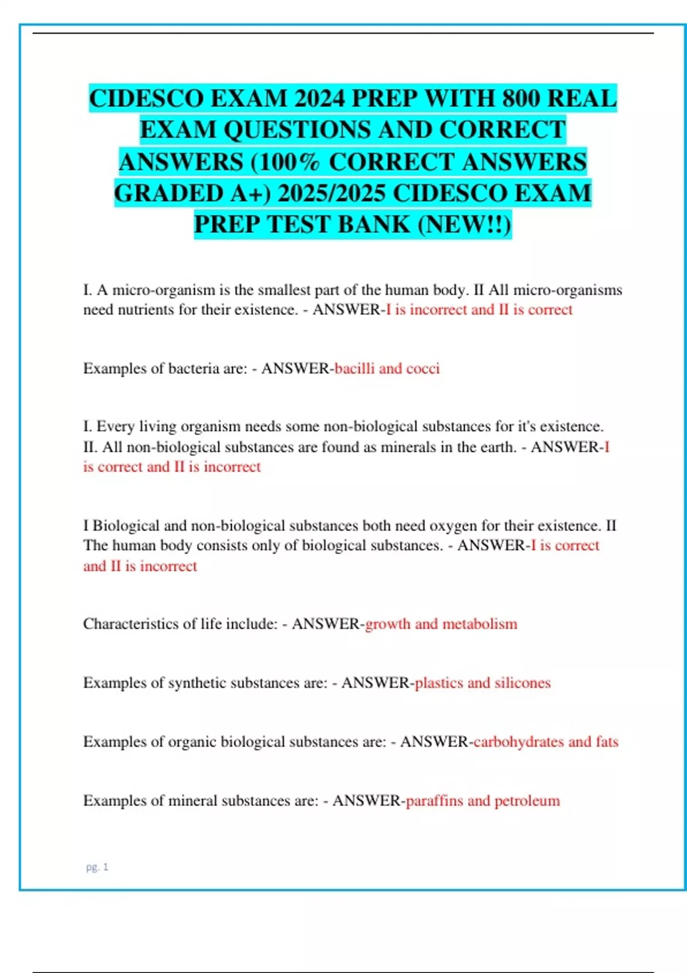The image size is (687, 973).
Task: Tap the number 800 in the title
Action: pyautogui.click(x=522, y=98)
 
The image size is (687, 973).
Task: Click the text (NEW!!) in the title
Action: pyautogui.click(x=464, y=224)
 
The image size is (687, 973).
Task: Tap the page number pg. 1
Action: pyautogui.click(x=97, y=867)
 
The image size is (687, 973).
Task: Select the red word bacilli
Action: pyautogui.click(x=354, y=368)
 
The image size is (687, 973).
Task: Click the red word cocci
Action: pyautogui.click(x=423, y=368)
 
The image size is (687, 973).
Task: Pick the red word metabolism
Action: pyautogui.click(x=480, y=623)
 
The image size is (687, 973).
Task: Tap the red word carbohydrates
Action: pyautogui.click(x=519, y=741)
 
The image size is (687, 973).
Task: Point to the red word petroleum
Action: pyautogui.click(x=527, y=800)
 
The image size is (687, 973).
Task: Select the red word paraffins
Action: pyautogui.click(x=434, y=800)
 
